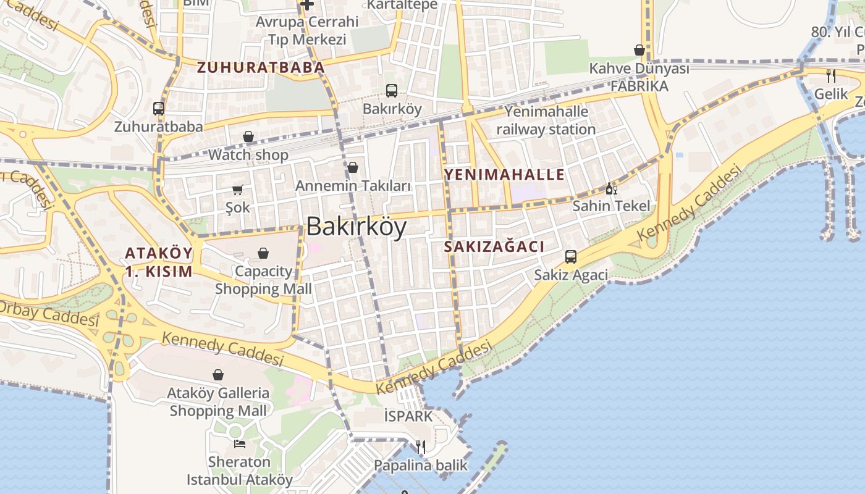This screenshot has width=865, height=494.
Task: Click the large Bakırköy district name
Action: pyautogui.click(x=357, y=227)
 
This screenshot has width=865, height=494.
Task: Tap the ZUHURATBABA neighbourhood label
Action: pyautogui.click(x=261, y=67)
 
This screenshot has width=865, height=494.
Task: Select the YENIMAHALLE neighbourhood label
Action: pyautogui.click(x=504, y=174)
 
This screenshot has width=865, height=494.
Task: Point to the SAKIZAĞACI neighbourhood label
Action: pyautogui.click(x=494, y=247)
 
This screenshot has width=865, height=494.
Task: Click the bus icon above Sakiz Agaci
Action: pyautogui.click(x=571, y=256)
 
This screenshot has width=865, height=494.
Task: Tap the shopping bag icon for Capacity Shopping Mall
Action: pyautogui.click(x=263, y=253)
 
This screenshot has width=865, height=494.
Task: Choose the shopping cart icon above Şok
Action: pyautogui.click(x=238, y=190)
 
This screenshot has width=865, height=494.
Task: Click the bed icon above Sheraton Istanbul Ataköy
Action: pyautogui.click(x=240, y=443)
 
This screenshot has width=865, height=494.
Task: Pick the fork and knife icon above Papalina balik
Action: pyautogui.click(x=421, y=446)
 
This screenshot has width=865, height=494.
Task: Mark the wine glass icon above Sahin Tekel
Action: pyautogui.click(x=612, y=188)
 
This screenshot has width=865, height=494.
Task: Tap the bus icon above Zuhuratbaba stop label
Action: pyautogui.click(x=159, y=109)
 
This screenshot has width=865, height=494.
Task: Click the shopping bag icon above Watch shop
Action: pyautogui.click(x=248, y=136)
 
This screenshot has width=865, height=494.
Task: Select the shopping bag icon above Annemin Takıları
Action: pyautogui.click(x=353, y=167)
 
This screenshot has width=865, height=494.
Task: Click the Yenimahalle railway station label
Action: pyautogui.click(x=546, y=120)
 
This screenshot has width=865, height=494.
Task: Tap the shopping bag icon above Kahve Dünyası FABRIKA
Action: pyautogui.click(x=639, y=50)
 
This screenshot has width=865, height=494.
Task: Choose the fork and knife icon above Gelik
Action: pyautogui.click(x=831, y=76)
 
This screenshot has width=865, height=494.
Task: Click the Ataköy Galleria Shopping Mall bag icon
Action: pyautogui.click(x=218, y=375)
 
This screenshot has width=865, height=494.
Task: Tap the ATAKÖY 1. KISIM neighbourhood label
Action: pyautogui.click(x=159, y=262)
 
